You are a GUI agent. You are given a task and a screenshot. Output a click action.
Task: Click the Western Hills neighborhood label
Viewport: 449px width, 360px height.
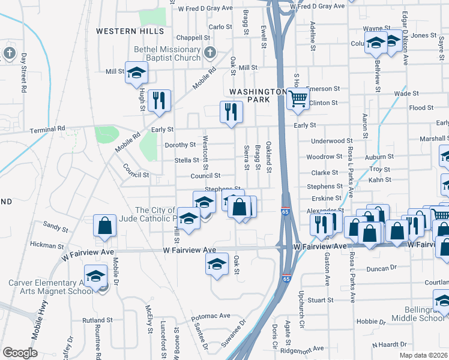point(130,31)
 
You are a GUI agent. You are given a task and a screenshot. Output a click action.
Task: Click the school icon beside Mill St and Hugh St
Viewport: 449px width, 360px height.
point(136,73)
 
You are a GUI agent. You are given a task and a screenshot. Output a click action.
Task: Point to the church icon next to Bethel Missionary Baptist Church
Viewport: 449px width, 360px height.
point(209,52)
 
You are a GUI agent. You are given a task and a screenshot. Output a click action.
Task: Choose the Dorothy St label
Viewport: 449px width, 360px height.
point(180,145)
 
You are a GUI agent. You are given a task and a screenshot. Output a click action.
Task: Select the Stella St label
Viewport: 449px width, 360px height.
point(186,160)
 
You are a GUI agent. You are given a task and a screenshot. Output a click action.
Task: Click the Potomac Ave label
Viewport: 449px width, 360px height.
point(211,316)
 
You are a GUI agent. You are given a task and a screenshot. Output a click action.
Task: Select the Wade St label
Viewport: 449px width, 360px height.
point(406,94)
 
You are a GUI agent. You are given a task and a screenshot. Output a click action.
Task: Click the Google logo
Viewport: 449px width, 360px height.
point(20,353)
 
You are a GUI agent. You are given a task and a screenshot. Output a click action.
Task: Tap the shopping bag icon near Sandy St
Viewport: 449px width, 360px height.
point(104,226)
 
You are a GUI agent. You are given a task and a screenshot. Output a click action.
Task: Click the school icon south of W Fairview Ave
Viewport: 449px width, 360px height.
point(217,263)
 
